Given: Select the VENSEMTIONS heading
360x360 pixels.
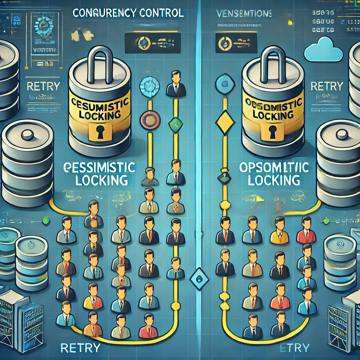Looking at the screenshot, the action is (x=243, y=14).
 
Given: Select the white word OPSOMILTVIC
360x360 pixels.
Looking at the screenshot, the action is (x=274, y=168).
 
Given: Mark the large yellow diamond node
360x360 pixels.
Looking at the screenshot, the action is (x=224, y=122).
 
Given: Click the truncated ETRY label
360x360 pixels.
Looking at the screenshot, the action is (x=294, y=348).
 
